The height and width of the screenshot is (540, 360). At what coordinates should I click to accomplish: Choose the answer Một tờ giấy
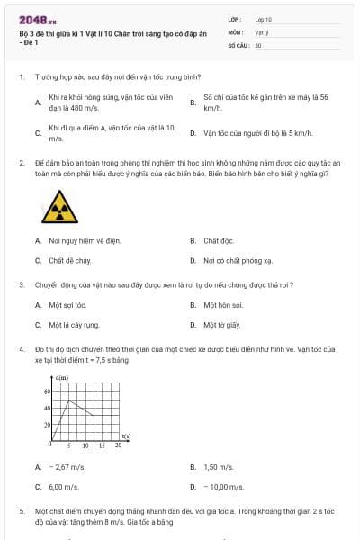221,325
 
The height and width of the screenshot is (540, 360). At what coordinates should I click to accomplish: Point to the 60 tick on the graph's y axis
47,391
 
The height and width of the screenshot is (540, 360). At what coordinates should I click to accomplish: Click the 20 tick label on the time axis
118,445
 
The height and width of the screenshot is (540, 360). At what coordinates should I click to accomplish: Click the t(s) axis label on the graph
126,436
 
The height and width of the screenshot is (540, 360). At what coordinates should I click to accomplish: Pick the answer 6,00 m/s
65,486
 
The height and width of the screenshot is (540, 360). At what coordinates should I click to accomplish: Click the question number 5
21,509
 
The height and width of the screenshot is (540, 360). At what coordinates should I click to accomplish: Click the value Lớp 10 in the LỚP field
264,18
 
